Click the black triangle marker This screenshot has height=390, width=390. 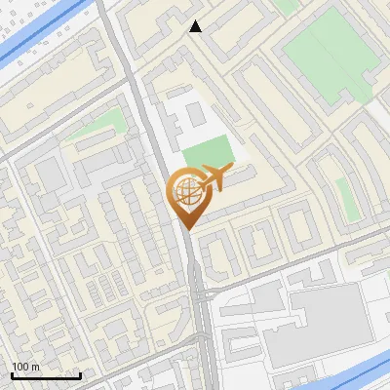tap(196, 26)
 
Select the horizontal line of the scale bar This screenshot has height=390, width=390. tap(45, 374)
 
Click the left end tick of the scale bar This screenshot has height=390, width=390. tap(11, 372)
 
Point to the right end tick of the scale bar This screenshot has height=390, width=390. tap(80, 372)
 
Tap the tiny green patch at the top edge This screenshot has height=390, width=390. tap(285, 6)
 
